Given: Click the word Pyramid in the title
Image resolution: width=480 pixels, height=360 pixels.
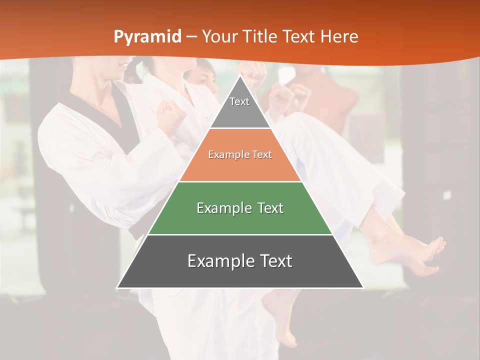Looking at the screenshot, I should pos(147,36).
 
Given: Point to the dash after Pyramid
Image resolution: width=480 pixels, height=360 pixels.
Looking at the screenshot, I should pos(191,37).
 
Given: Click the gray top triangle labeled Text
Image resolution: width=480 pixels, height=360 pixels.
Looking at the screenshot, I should pos(240,107).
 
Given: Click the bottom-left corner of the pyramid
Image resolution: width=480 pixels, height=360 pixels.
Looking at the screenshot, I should pos(118,287).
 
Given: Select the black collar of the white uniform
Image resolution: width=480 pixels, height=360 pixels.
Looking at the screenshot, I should pos(117,115).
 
